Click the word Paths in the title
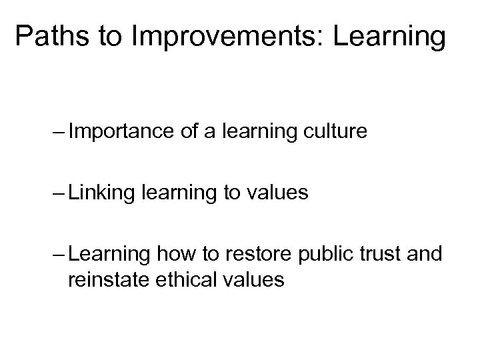click(x=55, y=38)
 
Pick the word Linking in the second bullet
click(x=101, y=194)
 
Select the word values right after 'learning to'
click(x=275, y=194)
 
